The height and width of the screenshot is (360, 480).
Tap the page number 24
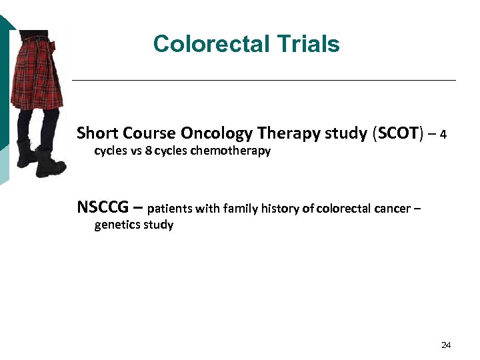(446, 345)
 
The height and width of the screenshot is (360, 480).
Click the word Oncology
(213, 133)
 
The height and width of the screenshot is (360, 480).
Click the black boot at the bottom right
(52, 164)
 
